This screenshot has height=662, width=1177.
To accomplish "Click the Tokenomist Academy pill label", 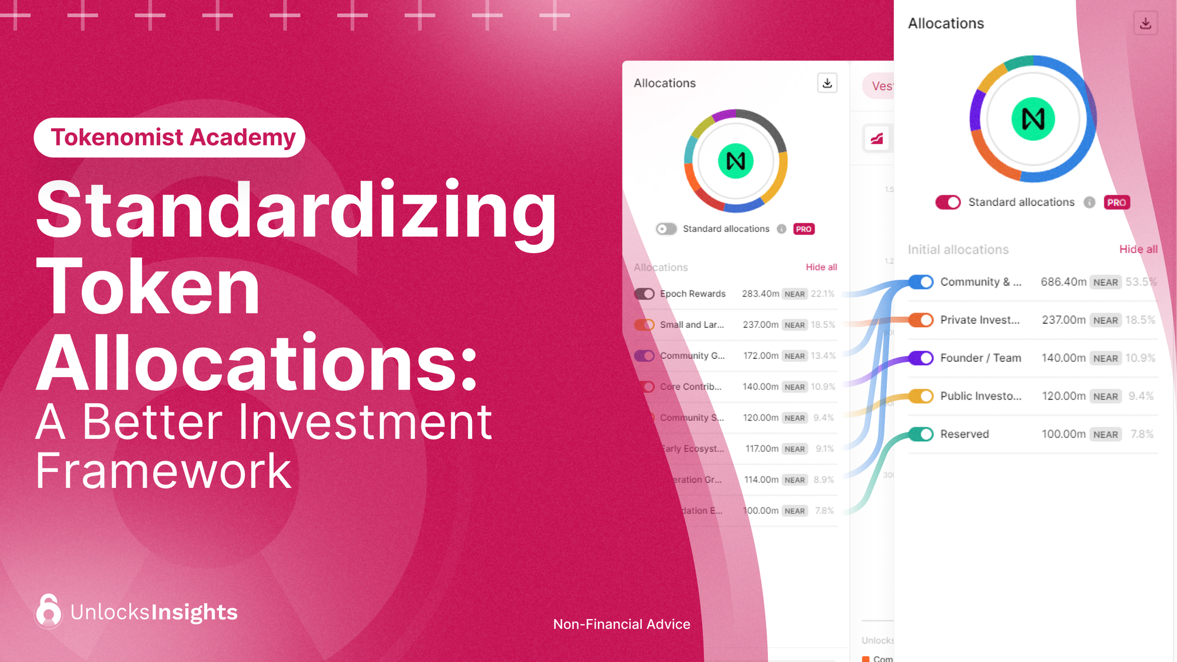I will pyautogui.click(x=169, y=138).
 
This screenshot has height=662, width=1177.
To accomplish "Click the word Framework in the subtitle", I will pyautogui.click(x=164, y=471).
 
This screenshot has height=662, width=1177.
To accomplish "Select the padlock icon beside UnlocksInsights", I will pyautogui.click(x=48, y=611).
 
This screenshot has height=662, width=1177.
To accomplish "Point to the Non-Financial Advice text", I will pyautogui.click(x=621, y=624).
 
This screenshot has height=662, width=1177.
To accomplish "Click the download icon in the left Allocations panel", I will pyautogui.click(x=827, y=83).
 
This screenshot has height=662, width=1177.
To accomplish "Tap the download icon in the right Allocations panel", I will pyautogui.click(x=1145, y=24).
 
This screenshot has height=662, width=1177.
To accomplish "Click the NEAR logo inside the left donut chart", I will pyautogui.click(x=736, y=161).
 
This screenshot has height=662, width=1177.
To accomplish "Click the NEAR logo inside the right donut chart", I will pyautogui.click(x=1033, y=119).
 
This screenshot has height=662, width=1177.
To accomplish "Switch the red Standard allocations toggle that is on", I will pyautogui.click(x=947, y=202).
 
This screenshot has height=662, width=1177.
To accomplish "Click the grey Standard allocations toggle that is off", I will pyautogui.click(x=666, y=229).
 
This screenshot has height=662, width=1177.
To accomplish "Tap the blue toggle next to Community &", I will pyautogui.click(x=920, y=282).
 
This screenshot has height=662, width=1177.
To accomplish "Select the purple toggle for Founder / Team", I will pyautogui.click(x=920, y=358).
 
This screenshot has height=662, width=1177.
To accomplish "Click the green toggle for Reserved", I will pyautogui.click(x=920, y=434).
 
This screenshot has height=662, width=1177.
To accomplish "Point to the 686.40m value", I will pyautogui.click(x=1063, y=282).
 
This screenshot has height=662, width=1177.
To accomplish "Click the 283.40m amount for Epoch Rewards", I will pyautogui.click(x=760, y=294).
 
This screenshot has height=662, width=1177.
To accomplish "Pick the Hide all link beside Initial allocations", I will pyautogui.click(x=1138, y=250).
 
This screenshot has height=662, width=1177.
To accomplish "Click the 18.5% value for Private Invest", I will pyautogui.click(x=1140, y=320).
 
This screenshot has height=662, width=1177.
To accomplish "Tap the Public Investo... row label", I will pyautogui.click(x=980, y=396).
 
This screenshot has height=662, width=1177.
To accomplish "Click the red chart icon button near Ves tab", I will pyautogui.click(x=877, y=139).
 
